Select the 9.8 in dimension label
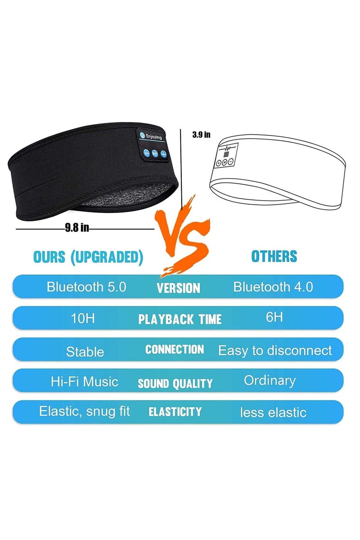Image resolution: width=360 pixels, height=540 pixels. tap(77, 228)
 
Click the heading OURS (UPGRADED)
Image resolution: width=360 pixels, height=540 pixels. tap(88, 257)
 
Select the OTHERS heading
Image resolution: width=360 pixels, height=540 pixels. tap(274, 256)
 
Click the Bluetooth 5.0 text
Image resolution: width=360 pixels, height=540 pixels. tap(86, 287)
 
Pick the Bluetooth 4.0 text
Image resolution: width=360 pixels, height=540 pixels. tap(273, 287)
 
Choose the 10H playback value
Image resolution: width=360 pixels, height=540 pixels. tap(83, 318)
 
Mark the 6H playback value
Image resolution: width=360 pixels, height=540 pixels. tap(274, 317)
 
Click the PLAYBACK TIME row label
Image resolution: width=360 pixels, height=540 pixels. tap(180, 319)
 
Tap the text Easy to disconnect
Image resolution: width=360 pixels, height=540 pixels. tap(275, 351)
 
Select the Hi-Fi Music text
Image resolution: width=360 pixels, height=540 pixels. tap(85, 382)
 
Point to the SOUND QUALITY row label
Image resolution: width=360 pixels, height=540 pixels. tap(175, 383)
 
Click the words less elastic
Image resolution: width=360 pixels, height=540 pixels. tap(273, 412)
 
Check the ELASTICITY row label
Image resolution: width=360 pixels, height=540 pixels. tap(175, 411)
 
